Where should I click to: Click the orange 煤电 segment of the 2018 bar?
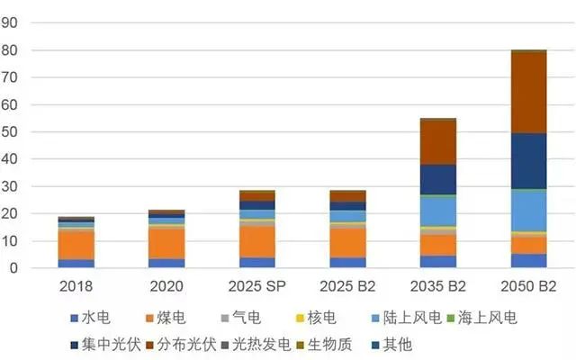(76, 246)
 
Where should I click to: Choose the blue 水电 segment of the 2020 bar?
(166, 263)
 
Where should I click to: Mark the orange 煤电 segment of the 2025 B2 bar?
(347, 242)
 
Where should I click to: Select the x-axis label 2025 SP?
(256, 286)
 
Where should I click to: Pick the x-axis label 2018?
(76, 286)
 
